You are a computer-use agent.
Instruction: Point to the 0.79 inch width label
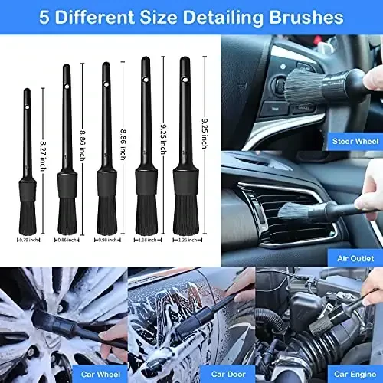[x=27, y=240]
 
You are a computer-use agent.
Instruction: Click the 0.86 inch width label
[x=67, y=240]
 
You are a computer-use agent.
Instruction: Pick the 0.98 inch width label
[x=106, y=240]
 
